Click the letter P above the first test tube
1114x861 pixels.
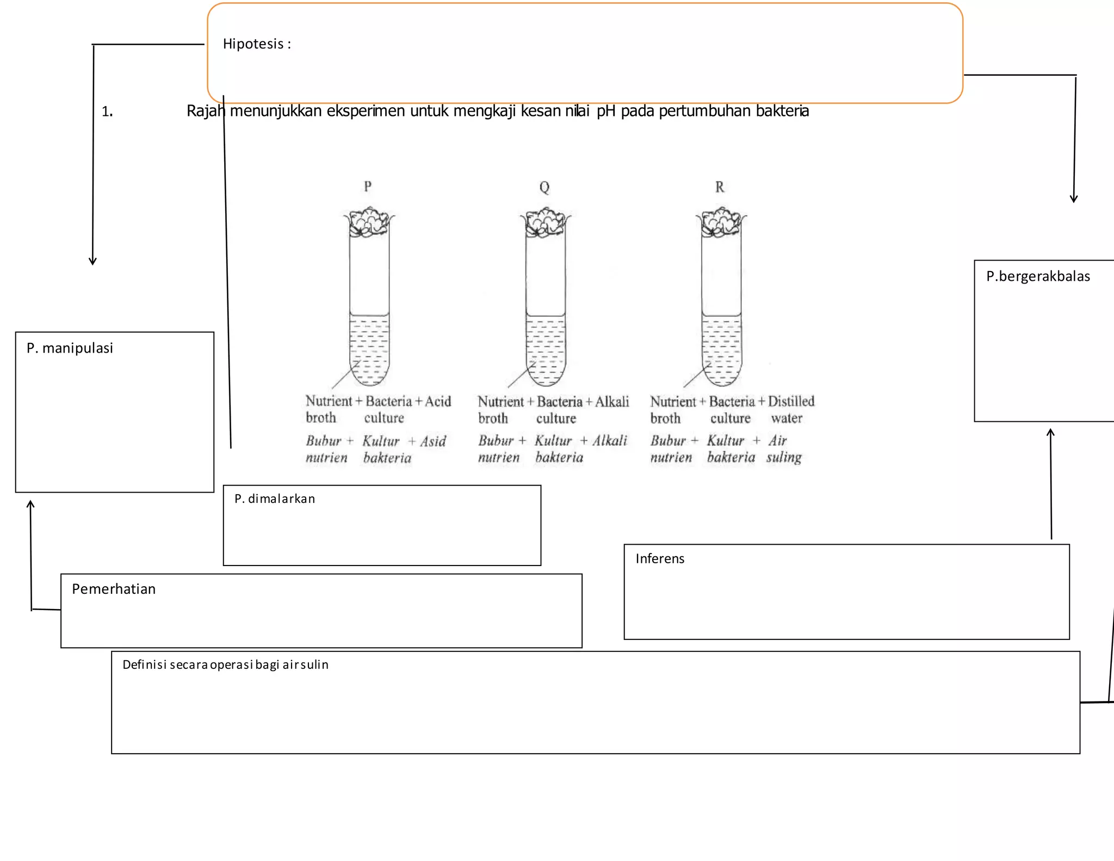coord(368,186)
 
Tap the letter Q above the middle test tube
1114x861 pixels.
coord(544,187)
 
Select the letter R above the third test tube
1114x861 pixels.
coord(720,187)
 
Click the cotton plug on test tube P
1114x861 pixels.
coord(369,221)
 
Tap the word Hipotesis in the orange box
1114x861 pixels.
coord(253,44)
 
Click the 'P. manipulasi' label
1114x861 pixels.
coord(70,348)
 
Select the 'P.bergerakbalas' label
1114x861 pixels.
coord(1038,276)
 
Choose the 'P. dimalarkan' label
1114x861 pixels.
coord(275,499)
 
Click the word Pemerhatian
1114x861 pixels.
coord(114,589)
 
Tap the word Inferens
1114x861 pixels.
coord(660,559)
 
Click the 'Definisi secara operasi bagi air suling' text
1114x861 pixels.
coord(225,665)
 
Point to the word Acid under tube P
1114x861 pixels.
coord(438,402)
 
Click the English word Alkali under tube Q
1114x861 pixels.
coord(612,402)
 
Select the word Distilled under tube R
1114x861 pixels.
coord(791,402)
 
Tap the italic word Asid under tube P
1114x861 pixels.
coord(433,441)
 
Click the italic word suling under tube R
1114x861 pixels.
coord(784,457)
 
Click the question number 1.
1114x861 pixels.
coord(107,112)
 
